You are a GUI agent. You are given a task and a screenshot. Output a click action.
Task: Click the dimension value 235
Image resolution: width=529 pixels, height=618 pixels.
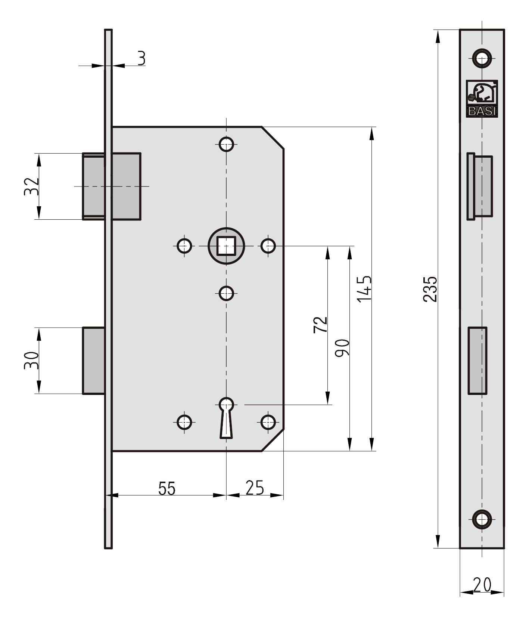click(430, 289)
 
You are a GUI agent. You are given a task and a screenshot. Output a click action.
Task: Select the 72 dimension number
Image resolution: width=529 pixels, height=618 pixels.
click(320, 324)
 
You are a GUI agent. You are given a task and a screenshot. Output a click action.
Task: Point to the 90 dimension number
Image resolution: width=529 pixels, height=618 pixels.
click(342, 348)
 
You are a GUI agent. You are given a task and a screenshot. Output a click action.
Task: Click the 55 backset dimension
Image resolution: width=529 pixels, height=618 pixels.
click(167, 488)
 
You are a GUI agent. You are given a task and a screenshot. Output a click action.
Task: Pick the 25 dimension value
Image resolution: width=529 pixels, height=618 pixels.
click(255, 488)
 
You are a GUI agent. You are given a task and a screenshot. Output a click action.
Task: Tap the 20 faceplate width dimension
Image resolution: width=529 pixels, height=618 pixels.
click(482, 585)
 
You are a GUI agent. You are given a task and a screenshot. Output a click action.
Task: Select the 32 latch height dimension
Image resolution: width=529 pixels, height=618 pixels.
click(31, 186)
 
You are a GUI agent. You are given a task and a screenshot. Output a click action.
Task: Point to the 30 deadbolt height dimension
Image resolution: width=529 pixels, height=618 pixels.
click(31, 360)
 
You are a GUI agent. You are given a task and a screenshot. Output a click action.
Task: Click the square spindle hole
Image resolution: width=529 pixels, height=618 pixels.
click(226, 246)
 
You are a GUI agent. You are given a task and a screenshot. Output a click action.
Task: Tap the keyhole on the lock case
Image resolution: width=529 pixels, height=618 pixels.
click(226, 417)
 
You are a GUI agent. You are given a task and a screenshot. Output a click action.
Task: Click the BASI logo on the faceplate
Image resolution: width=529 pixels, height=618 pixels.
click(482, 98)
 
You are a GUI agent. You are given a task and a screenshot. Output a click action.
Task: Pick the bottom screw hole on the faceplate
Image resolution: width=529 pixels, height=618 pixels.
click(482, 519)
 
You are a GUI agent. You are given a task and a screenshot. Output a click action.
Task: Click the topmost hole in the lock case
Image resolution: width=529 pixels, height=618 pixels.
click(226, 144)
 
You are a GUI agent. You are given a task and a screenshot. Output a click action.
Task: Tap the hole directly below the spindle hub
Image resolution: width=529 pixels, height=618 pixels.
click(226, 293)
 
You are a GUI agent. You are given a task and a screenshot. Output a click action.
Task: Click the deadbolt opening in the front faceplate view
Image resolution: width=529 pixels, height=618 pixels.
click(477, 361)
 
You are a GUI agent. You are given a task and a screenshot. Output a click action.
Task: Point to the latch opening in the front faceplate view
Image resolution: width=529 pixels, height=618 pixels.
click(480, 186)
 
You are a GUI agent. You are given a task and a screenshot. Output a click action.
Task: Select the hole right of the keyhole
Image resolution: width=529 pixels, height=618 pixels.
click(268, 422)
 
